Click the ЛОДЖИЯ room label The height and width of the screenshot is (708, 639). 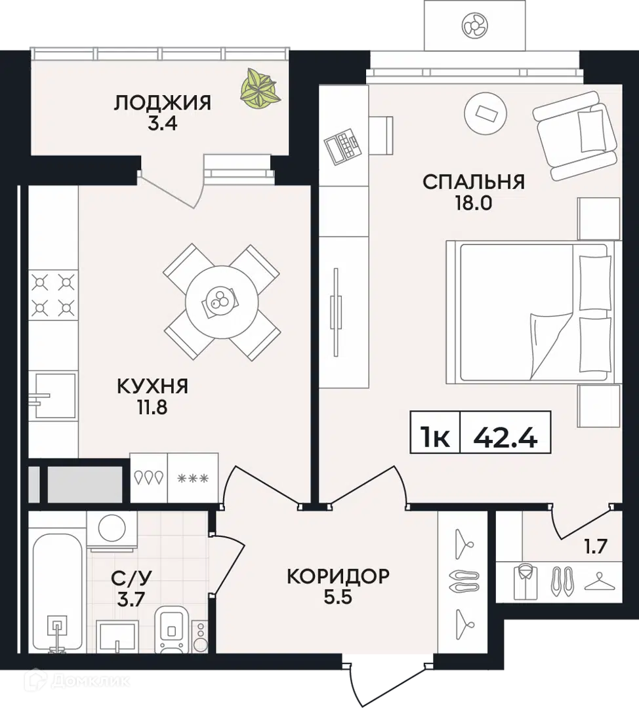[x=163, y=103]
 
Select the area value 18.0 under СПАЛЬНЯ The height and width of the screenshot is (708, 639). [x=474, y=202]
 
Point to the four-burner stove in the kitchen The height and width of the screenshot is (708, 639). [x=53, y=294]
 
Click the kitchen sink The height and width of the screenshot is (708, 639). [x=54, y=395]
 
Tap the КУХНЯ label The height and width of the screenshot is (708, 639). [x=152, y=387]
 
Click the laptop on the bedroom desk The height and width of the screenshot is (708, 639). [x=343, y=146]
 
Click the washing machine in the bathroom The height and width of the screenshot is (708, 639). [x=108, y=527]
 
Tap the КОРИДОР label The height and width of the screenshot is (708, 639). [x=338, y=576]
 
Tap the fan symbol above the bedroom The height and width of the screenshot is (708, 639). [x=475, y=26]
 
